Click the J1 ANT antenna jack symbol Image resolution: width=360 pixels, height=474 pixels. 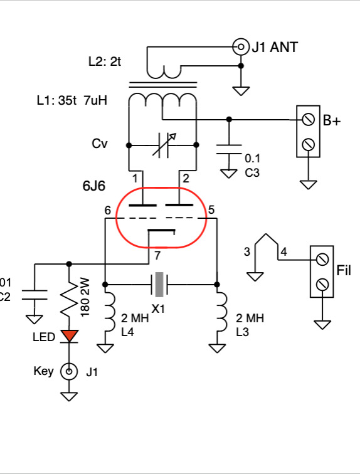coord(241,47)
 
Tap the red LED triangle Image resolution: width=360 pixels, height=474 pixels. coord(69,336)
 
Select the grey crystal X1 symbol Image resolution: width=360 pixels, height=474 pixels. coord(159,285)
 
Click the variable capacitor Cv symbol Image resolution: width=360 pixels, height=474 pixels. coord(164,145)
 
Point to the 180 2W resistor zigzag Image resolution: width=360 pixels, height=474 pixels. coord(69,297)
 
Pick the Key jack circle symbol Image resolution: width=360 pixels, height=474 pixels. coord(69,371)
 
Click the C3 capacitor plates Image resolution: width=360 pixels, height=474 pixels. coord(229,149)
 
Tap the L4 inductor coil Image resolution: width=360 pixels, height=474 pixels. coord(109,312)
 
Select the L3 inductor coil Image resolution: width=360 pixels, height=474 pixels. coord(222,312)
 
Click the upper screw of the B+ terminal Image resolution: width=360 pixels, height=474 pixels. coord(308,120)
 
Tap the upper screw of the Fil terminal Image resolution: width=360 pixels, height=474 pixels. coord(322,260)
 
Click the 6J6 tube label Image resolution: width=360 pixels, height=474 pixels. coord(94,186)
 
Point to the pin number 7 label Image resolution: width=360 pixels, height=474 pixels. coord(157,256)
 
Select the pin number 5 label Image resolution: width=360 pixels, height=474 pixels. coord(211,209)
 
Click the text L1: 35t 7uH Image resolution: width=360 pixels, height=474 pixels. coord(72,100)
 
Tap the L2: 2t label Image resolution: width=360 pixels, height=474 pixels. coord(105,61)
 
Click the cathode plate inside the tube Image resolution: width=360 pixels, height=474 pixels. coord(161,231)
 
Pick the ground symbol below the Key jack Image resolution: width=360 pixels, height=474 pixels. coord(69,396)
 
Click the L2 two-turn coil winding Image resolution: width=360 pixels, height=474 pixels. coord(164,72)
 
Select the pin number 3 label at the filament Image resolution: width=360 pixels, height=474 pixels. coord(247,251)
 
